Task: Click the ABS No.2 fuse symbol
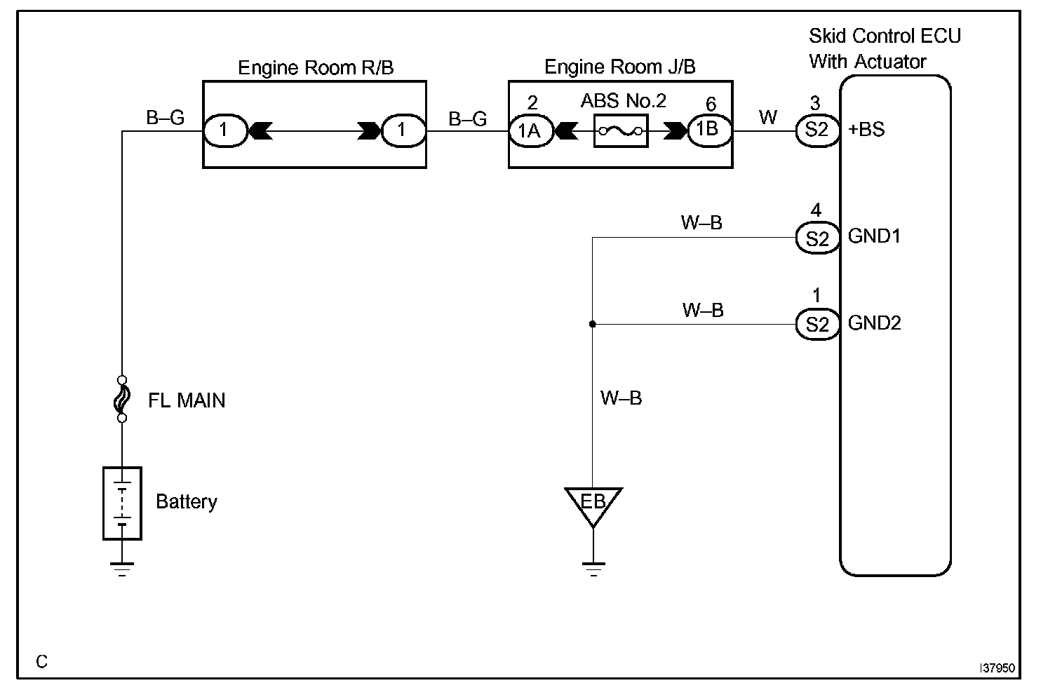point(620,131)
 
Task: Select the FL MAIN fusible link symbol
point(122,399)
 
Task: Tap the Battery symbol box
point(122,503)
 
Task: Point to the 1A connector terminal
point(530,130)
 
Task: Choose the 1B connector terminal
point(709,130)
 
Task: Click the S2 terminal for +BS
point(817,130)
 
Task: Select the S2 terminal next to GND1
point(817,238)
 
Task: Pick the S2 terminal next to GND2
point(817,325)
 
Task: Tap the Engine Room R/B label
point(316,68)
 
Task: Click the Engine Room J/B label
point(620,67)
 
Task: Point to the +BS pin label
point(866,130)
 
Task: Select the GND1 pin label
point(874,236)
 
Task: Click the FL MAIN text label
point(187,401)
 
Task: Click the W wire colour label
point(768,118)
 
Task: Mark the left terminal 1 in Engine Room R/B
point(224,130)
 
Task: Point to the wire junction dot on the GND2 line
point(593,325)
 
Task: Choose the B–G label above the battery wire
point(165,119)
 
